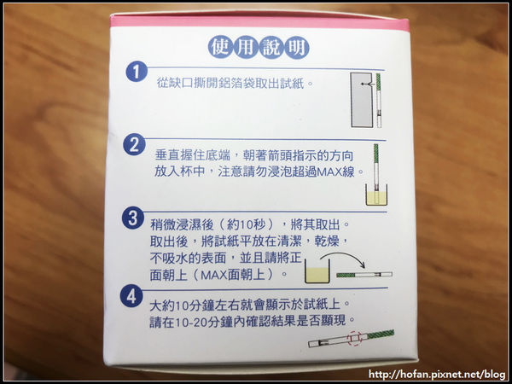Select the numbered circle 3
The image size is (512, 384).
point(133,218)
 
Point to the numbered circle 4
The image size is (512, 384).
point(131,296)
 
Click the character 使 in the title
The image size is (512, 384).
point(220,48)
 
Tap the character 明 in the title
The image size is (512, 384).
point(297,48)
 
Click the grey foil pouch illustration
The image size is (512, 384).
point(362,100)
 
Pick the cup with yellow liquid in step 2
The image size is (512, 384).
point(376,195)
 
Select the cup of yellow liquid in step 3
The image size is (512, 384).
point(317,271)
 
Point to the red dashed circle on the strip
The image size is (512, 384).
point(355,338)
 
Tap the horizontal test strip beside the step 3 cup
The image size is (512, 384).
point(364,275)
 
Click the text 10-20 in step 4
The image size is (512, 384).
point(194,322)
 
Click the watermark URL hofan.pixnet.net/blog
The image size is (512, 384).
point(437,374)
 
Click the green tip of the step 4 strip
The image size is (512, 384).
point(381,335)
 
